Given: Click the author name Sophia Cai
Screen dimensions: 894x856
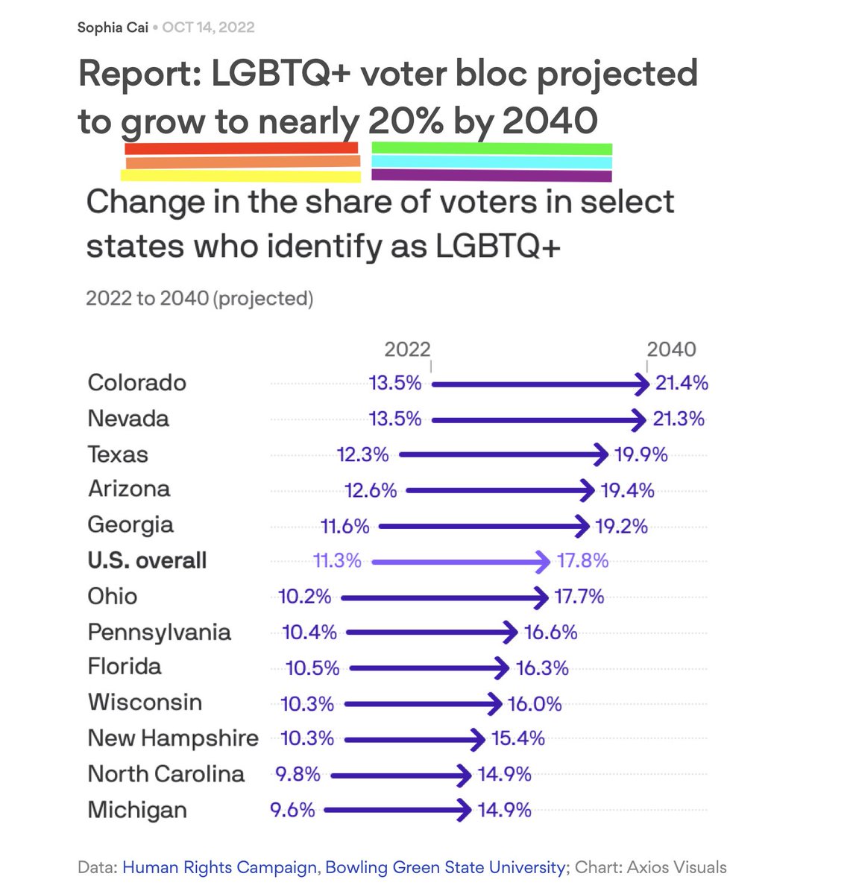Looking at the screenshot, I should tap(113, 28).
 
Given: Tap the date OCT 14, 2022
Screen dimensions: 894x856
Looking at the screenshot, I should tap(208, 28).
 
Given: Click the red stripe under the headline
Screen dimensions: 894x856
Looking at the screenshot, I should tap(242, 149).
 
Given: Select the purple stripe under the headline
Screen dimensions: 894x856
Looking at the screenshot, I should tap(491, 176).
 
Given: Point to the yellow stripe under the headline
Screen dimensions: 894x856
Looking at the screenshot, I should tap(240, 176).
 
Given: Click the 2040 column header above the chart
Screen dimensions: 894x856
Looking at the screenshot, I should tap(671, 349).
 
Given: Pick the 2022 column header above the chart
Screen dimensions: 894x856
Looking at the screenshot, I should tap(407, 349).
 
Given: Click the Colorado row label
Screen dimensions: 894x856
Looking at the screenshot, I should tap(137, 383).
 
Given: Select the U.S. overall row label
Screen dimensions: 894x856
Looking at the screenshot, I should tap(147, 561).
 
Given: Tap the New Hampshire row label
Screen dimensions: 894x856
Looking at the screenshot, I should tap(173, 738).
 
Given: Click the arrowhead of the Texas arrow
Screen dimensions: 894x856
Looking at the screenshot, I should tap(602, 454).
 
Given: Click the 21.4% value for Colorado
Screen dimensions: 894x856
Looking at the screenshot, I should tap(682, 383).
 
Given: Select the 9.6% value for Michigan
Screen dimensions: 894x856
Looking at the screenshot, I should tap(292, 810).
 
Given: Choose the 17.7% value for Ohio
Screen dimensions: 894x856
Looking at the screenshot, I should tap(579, 597).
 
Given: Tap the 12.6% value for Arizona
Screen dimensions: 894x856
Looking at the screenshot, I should tap(371, 490).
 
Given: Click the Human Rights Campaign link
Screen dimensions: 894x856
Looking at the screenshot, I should tap(219, 867).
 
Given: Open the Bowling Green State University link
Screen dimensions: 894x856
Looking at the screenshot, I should tap(445, 867).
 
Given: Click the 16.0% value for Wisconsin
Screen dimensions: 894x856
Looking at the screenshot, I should tap(535, 704).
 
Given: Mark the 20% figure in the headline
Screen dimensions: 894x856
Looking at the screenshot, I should tap(406, 121).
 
